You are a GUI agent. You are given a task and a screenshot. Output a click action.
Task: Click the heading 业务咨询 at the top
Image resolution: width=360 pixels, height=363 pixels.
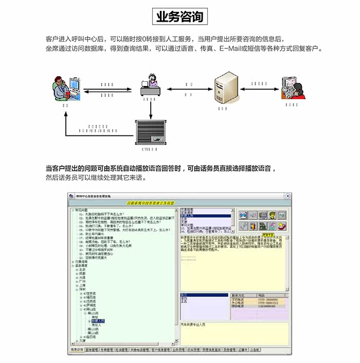(x=179, y=16)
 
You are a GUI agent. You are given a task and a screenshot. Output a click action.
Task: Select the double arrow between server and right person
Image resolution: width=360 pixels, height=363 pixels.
(x=259, y=91)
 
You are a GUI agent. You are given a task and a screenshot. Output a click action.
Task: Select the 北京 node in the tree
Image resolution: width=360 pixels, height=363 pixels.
(x=82, y=269)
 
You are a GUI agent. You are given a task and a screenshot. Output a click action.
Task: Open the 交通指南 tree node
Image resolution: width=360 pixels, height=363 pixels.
(x=83, y=261)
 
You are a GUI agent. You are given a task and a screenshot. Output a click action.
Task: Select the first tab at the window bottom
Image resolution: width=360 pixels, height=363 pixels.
(x=76, y=350)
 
